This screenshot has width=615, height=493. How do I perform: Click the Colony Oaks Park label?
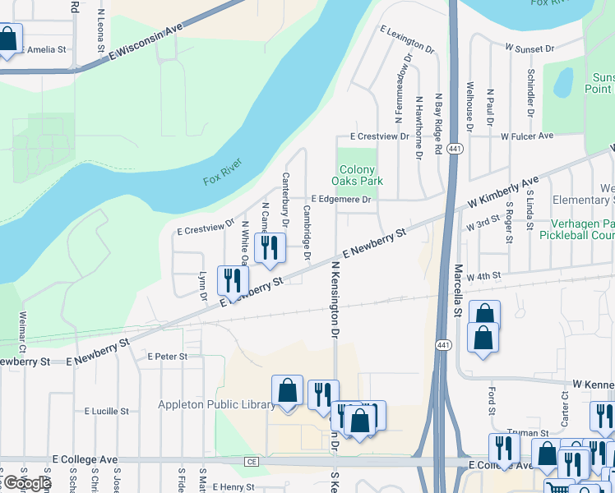[x=357, y=175]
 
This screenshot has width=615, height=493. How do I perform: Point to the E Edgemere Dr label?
[x=343, y=200]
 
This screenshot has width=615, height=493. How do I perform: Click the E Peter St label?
[x=168, y=357]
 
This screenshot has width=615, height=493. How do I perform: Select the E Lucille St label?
[x=107, y=411]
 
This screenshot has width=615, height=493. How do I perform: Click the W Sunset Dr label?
[x=529, y=49]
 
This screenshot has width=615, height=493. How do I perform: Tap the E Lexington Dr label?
[x=407, y=39]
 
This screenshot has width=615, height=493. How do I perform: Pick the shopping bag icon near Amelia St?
[x=8, y=39]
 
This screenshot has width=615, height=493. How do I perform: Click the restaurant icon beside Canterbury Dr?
[x=270, y=247]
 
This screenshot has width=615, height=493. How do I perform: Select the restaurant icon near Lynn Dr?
[x=233, y=280]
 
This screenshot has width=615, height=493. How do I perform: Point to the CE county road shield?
[x=251, y=463]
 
